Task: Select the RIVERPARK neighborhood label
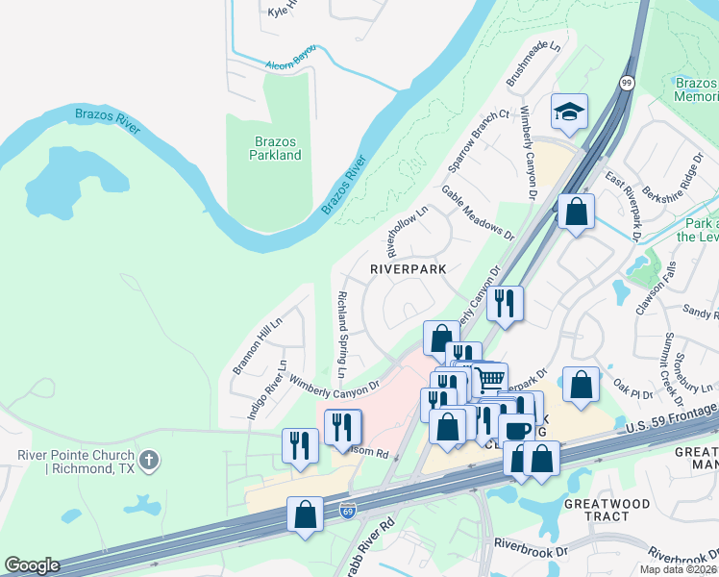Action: coord(409,270)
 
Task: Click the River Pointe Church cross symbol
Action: coord(148,462)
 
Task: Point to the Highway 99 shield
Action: coord(627,84)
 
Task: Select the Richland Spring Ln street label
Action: coord(341,334)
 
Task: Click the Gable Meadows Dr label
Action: coord(478,213)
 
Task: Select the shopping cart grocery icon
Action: coord(489,378)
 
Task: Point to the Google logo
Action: coord(32,565)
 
